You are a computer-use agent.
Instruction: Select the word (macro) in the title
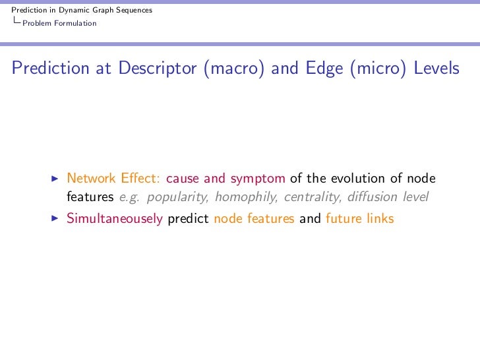tap(234, 69)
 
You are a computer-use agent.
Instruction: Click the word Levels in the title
tap(436, 69)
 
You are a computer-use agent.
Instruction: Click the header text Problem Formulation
tap(59, 24)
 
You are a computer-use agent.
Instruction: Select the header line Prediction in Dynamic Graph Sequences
tap(77, 10)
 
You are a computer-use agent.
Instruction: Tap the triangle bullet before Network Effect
tap(55, 179)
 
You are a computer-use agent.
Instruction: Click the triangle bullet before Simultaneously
tap(55, 218)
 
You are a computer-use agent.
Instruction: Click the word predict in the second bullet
tap(189, 218)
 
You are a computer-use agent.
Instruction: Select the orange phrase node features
tap(254, 218)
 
